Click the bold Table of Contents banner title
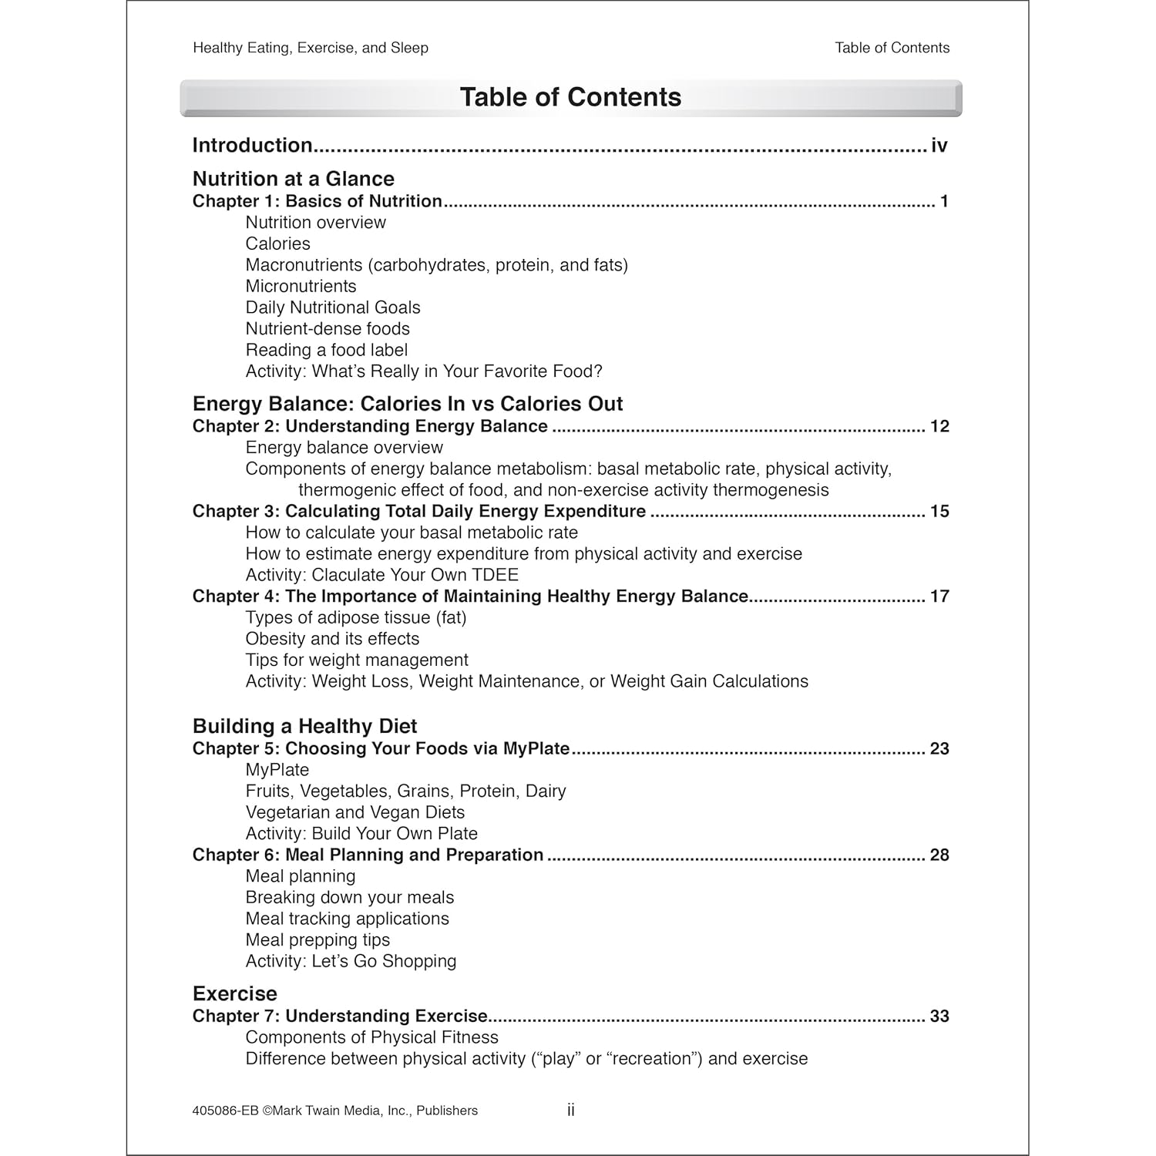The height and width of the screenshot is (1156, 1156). tap(570, 97)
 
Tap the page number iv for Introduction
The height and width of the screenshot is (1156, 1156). tap(939, 146)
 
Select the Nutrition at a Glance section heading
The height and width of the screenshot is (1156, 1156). tap(293, 179)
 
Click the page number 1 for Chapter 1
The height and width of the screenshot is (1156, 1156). tap(944, 202)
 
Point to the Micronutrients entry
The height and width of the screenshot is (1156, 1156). tap(301, 286)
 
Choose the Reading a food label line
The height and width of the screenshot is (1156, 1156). tap(326, 350)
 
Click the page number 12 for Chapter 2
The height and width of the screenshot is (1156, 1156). tap(939, 427)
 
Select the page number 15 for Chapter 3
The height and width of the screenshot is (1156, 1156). tap(939, 512)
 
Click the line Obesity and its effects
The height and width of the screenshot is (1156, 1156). tap(332, 639)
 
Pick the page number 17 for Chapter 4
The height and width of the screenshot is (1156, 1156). tap(939, 596)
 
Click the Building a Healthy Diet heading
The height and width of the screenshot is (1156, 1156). tap(304, 726)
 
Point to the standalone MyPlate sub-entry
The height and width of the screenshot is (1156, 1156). tap(277, 770)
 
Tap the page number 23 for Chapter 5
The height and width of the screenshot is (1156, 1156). tap(939, 749)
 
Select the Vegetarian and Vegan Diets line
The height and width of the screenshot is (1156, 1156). tap(355, 812)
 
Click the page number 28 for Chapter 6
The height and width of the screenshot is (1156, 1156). tap(939, 855)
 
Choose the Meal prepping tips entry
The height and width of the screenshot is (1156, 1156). tap(318, 940)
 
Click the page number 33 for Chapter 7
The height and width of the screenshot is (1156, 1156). tap(939, 1017)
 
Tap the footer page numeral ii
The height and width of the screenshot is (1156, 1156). tap(571, 1111)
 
